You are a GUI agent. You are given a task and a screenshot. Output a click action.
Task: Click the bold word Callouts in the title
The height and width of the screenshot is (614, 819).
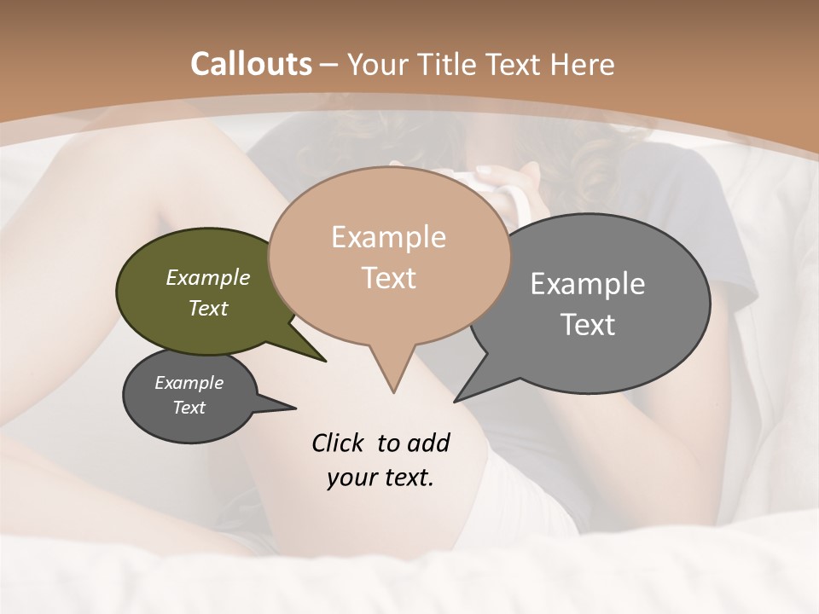click(x=251, y=64)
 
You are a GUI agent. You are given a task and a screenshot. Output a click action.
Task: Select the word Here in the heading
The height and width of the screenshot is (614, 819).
click(x=583, y=64)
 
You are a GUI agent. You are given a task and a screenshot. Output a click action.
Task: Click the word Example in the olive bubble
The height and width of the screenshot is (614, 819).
click(x=207, y=277)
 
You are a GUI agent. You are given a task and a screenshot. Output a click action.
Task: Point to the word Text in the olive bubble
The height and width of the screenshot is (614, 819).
click(x=207, y=308)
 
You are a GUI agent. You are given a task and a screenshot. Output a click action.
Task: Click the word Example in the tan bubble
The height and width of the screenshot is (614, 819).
click(x=388, y=237)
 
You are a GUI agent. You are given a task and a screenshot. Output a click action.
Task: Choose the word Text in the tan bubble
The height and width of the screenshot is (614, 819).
click(x=389, y=278)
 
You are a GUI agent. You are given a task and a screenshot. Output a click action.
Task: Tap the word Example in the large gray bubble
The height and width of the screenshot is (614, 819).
click(x=587, y=284)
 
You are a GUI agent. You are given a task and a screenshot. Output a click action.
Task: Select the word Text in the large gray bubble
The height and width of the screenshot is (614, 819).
click(x=588, y=325)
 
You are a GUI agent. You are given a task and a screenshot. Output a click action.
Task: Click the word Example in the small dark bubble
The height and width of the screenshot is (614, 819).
click(x=189, y=383)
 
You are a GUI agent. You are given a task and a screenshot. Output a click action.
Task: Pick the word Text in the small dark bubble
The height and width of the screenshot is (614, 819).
click(x=189, y=408)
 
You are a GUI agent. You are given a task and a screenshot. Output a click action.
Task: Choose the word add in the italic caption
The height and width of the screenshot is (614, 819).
click(x=427, y=443)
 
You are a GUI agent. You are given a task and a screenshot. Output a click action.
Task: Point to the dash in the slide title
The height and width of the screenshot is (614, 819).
click(x=329, y=64)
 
